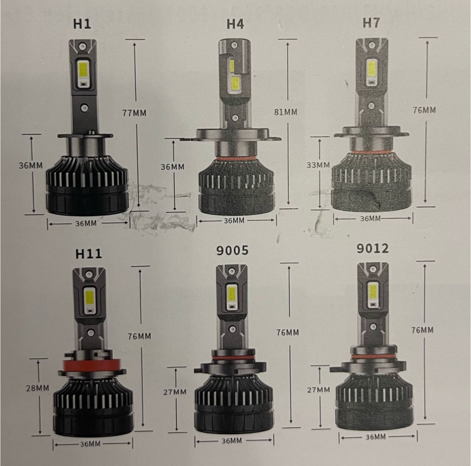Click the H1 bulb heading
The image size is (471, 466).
(x=82, y=24)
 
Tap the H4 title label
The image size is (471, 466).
(x=235, y=24)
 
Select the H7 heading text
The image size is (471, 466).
(x=371, y=22)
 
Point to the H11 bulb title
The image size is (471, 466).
(x=88, y=253)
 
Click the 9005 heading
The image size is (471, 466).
(x=232, y=250)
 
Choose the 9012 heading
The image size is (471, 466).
(x=372, y=248)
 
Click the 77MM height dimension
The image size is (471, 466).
(x=134, y=113)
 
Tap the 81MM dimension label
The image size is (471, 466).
(x=286, y=112)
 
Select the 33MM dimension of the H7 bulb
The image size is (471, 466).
(x=318, y=165)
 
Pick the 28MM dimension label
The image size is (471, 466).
(x=38, y=388)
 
